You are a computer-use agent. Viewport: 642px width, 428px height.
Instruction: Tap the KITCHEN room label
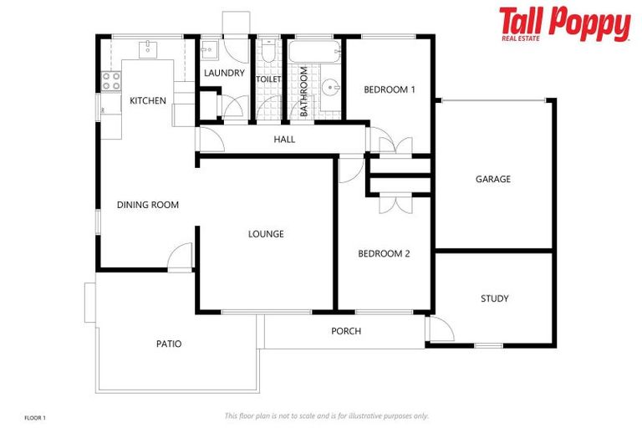click(148, 101)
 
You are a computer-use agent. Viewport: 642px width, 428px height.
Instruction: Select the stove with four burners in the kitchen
click(111, 81)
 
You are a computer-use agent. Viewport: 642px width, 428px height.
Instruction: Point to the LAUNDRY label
click(224, 74)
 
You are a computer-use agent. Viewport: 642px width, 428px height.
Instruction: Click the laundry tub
click(209, 48)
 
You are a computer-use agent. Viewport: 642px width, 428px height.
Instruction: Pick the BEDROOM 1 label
click(389, 89)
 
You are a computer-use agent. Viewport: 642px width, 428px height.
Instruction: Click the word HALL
click(284, 140)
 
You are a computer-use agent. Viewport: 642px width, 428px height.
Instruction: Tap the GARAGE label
click(492, 179)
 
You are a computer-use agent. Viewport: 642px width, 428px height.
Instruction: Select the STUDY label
click(494, 298)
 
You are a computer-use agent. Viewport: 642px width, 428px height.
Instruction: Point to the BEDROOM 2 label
click(384, 254)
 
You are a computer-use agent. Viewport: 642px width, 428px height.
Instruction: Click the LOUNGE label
click(266, 234)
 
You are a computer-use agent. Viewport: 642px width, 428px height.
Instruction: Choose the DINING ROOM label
click(148, 205)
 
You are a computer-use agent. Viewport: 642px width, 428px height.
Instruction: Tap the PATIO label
click(169, 344)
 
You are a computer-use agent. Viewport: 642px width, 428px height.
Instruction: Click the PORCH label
click(346, 331)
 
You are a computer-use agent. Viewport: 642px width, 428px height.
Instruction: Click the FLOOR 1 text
click(35, 416)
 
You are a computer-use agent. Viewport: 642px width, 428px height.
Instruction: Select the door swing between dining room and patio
click(181, 257)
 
